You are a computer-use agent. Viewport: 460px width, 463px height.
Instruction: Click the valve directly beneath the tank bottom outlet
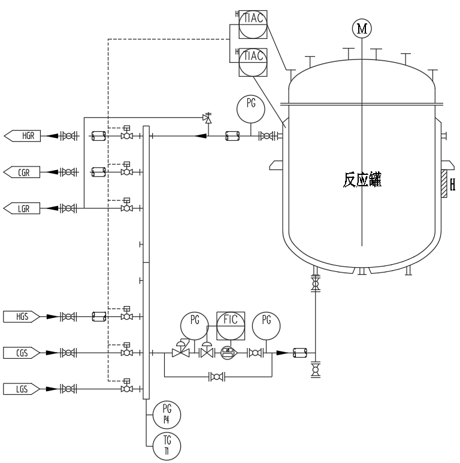pyautogui.click(x=315, y=283)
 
